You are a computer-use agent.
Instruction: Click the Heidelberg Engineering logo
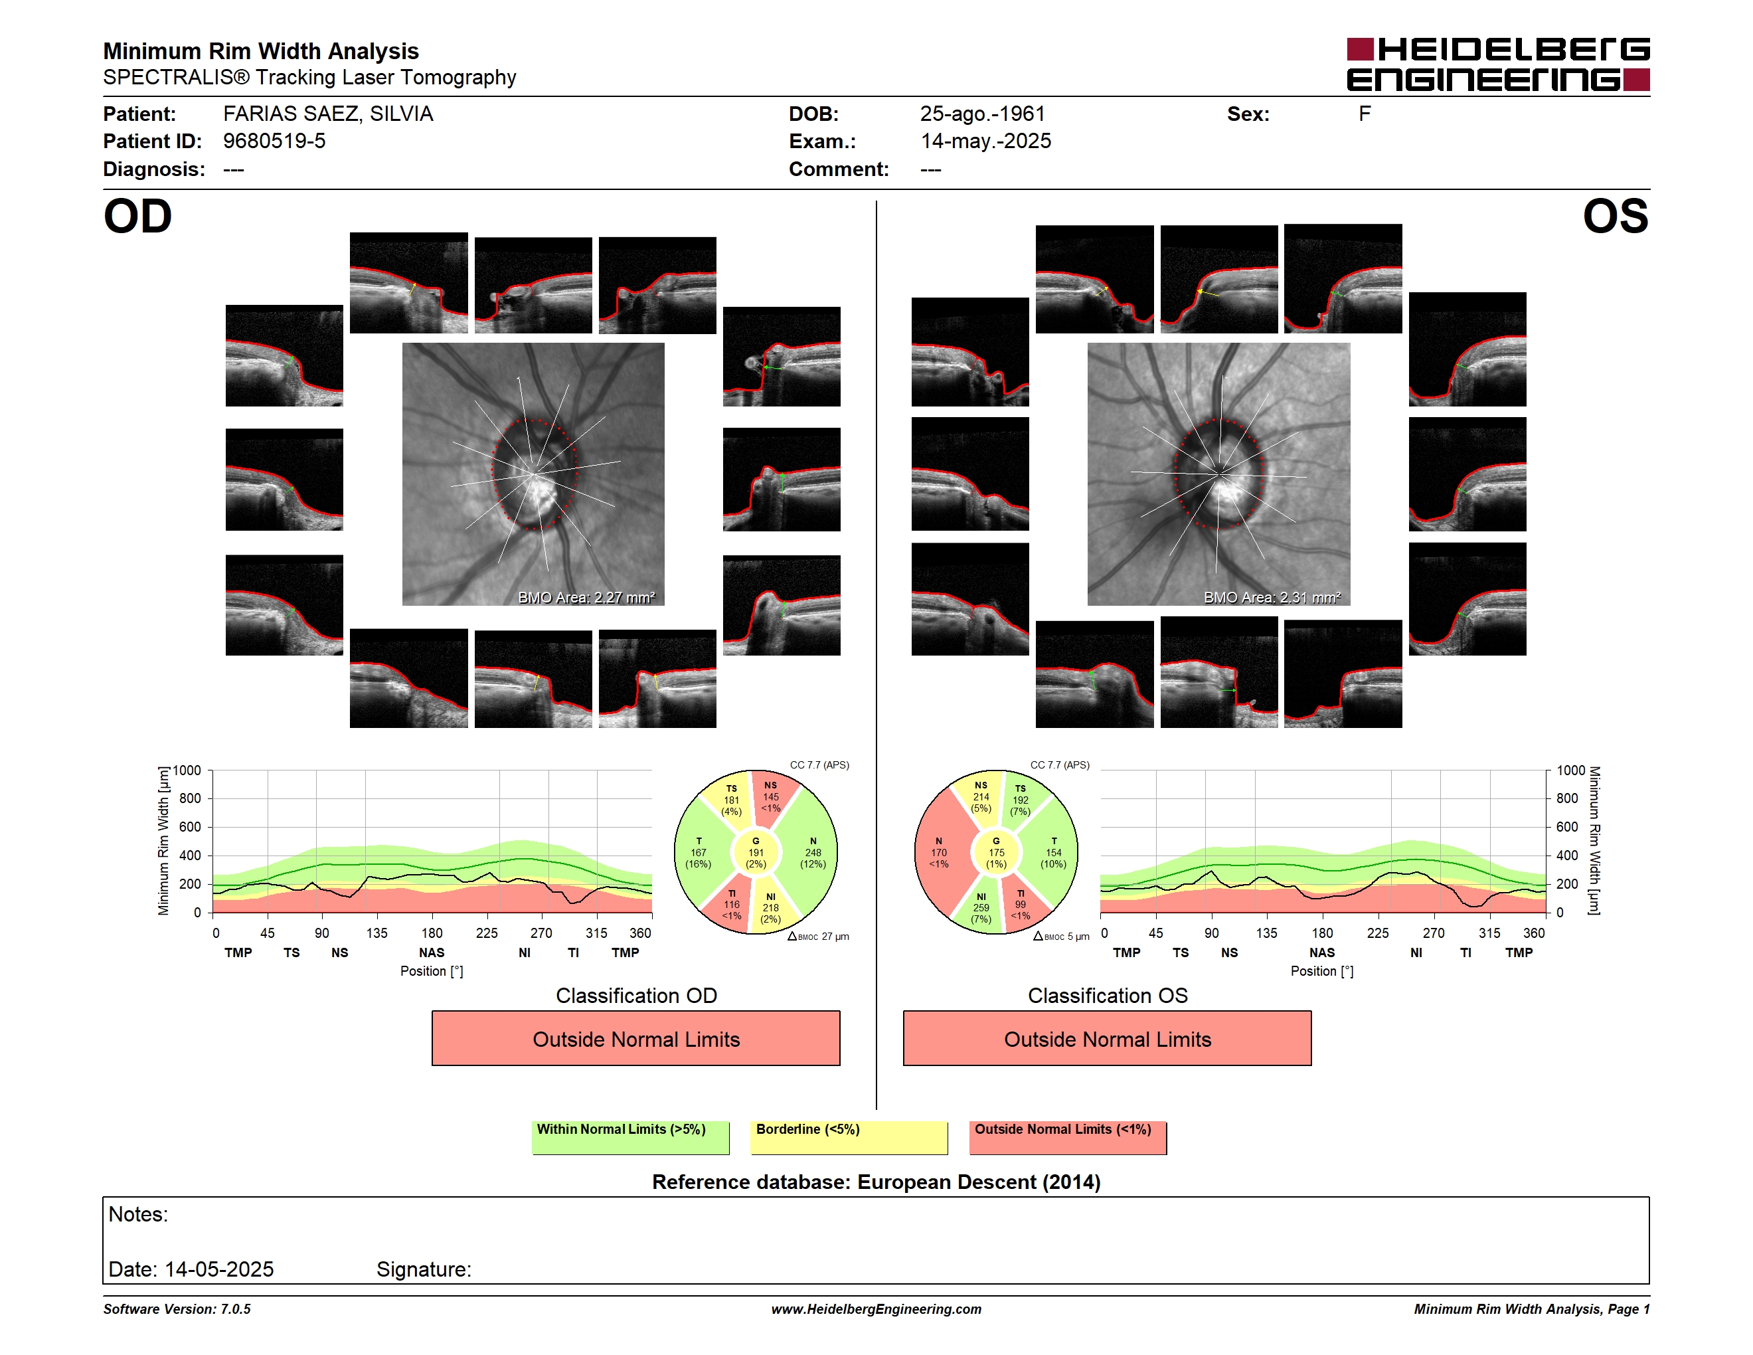(1498, 64)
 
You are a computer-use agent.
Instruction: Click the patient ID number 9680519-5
(274, 141)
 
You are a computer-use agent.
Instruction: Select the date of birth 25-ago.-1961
(983, 114)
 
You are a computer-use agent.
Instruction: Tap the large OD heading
(138, 217)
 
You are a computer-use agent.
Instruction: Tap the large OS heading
(1615, 217)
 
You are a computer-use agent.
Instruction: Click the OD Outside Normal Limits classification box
(635, 1038)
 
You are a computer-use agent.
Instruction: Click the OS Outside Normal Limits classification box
(1107, 1038)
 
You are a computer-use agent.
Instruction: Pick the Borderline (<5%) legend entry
(849, 1137)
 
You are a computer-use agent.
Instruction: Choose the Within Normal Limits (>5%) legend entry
(630, 1137)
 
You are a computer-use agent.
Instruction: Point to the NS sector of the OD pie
(772, 797)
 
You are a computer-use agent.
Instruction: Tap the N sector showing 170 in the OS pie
(939, 852)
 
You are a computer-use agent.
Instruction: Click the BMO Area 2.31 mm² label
(1272, 597)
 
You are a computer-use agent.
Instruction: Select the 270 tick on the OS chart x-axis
(1434, 933)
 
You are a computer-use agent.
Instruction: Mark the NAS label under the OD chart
(432, 953)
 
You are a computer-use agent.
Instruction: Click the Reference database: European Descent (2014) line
(876, 1182)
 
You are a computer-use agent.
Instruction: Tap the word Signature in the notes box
(424, 1270)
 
